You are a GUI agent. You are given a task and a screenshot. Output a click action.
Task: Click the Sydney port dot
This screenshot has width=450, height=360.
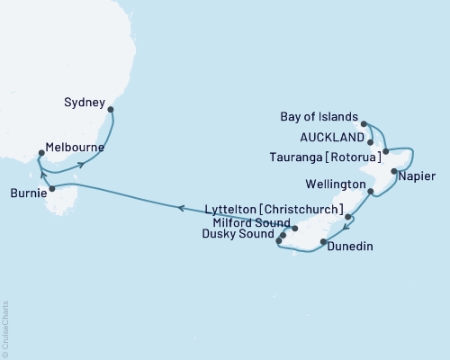(111, 110)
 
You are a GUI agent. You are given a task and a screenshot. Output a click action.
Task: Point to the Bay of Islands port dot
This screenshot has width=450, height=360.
(364, 123)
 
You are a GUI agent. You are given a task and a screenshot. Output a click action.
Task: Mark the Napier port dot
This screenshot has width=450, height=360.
(394, 171)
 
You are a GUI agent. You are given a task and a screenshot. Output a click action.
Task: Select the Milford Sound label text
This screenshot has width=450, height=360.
(252, 223)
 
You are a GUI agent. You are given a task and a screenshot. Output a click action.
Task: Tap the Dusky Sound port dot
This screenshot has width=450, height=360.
(279, 241)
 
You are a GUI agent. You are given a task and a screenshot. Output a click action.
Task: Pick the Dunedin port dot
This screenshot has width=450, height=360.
(324, 244)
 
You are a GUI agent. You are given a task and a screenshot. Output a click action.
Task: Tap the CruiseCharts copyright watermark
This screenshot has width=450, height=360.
(5, 328)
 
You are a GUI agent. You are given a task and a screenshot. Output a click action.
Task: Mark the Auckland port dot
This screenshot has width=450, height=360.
(371, 141)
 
